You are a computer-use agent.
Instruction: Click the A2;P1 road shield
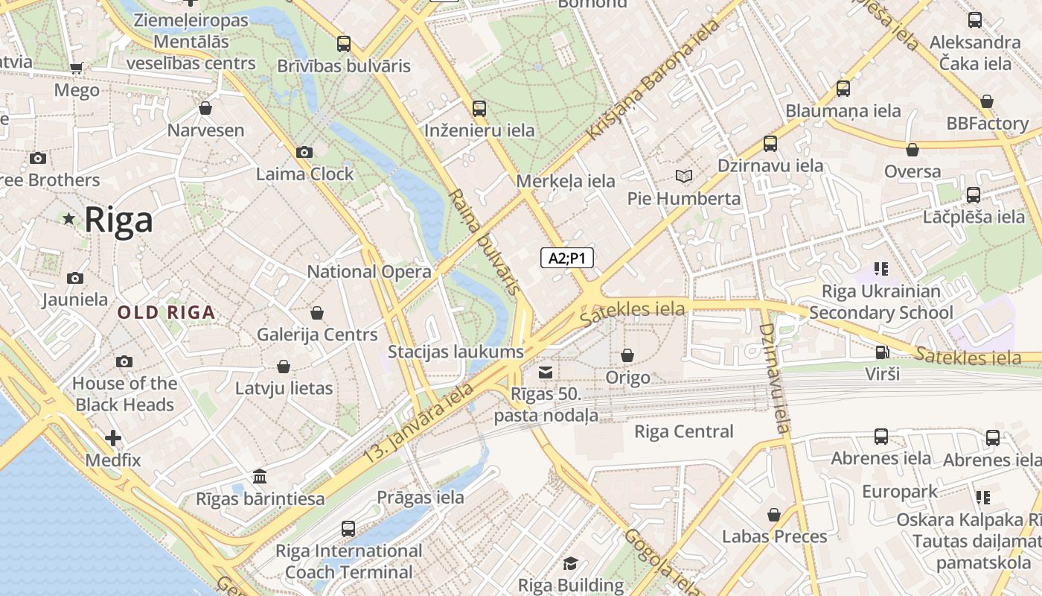pos(567,259)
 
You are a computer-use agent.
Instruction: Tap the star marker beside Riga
pos(69,218)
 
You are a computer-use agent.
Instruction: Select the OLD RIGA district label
pos(167,313)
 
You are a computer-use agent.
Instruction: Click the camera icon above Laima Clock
pos(304,153)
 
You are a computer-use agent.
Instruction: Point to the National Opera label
pos(369,272)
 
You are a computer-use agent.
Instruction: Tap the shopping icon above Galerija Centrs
pos(317,313)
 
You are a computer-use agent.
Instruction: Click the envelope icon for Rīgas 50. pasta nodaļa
pos(546,372)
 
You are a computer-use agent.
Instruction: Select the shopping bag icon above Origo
pos(627,356)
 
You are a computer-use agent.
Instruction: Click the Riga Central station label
pos(683,432)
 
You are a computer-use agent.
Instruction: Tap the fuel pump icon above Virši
pos(881,352)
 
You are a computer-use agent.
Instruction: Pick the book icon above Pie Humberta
pos(683,177)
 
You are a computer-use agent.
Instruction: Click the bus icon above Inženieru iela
pos(479,109)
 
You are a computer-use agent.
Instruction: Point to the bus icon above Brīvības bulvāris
pos(343,44)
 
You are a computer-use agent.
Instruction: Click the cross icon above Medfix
pos(113,438)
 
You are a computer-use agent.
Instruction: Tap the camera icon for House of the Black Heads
pos(124,362)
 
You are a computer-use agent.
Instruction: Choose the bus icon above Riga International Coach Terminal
pos(348,530)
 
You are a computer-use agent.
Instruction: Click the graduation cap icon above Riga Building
pos(570,563)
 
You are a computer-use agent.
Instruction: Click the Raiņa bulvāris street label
pos(483,241)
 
